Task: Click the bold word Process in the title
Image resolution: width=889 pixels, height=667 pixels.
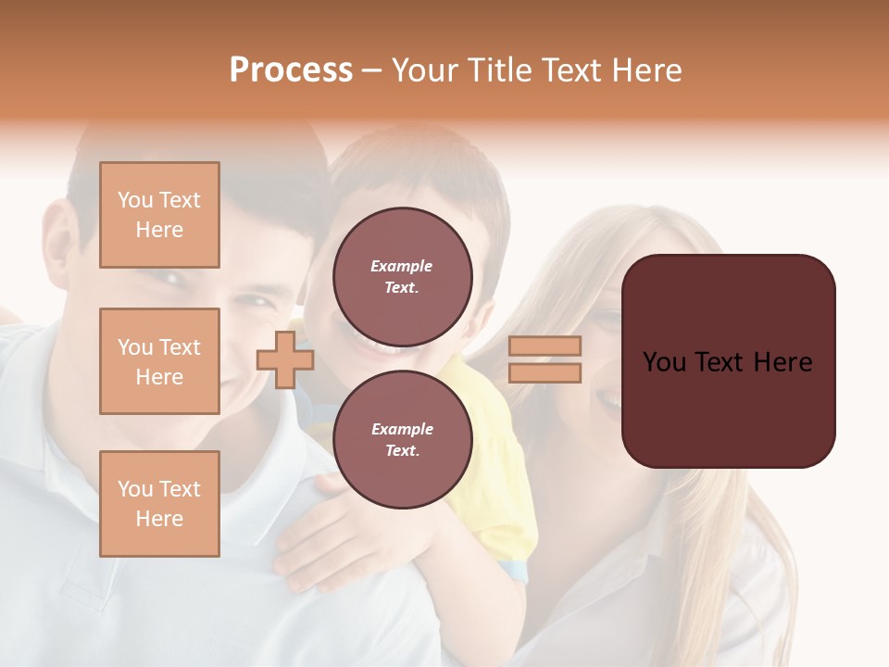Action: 291,70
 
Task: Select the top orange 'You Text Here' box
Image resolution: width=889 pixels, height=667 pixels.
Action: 159,215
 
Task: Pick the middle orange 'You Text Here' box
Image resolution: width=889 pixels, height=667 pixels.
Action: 159,361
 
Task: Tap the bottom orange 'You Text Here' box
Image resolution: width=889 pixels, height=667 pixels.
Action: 159,503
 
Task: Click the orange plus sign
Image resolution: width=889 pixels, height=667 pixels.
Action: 284,359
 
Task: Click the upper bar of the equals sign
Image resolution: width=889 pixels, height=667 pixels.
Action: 545,346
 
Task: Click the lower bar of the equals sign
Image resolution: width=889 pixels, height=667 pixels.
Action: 545,372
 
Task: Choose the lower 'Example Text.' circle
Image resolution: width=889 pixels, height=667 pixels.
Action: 402,439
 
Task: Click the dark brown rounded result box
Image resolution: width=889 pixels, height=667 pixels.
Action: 728,361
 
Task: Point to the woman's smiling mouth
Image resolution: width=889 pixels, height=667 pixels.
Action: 608,400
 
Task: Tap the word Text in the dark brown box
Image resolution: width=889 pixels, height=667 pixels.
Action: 727,362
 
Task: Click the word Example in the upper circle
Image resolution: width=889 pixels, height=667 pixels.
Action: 402,266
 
